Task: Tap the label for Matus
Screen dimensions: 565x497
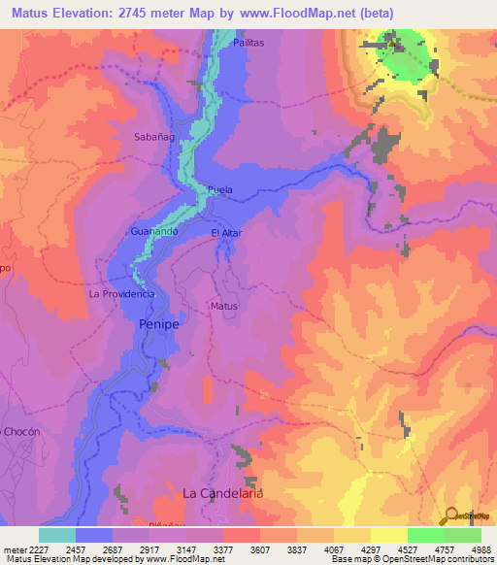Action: [224, 306]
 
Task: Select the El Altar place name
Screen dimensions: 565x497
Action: [226, 233]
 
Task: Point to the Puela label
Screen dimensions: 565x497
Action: [220, 190]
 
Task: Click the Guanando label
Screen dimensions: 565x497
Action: [153, 232]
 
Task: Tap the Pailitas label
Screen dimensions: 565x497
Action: [248, 44]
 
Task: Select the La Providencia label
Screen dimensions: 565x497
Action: [122, 293]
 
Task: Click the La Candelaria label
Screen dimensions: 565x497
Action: [224, 493]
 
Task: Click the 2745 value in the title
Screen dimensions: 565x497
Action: [148, 13]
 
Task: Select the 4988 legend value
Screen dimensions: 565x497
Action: [480, 548]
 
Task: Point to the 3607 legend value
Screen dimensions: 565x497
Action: [257, 548]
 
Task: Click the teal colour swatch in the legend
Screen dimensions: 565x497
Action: [57, 535]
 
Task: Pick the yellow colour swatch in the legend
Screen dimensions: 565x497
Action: [388, 535]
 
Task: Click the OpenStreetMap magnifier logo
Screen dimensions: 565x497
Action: [450, 515]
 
